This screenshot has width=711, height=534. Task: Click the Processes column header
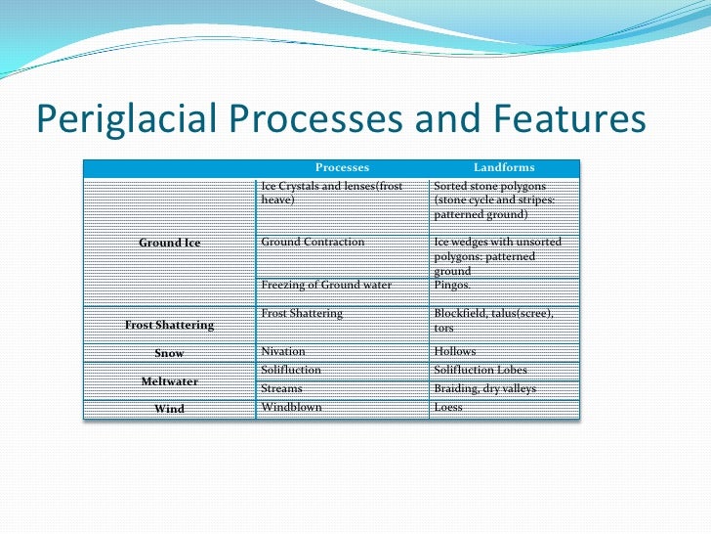(x=342, y=168)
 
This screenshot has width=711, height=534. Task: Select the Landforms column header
(x=504, y=168)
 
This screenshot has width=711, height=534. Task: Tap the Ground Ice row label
(x=170, y=242)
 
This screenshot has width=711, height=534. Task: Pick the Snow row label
(x=169, y=353)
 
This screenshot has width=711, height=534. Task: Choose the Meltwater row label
(x=169, y=380)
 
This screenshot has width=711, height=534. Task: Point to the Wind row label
(x=169, y=409)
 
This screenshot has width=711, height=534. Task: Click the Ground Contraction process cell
(x=314, y=242)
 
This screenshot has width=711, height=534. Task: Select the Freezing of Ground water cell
(x=326, y=285)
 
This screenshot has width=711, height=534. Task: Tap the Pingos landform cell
(x=451, y=285)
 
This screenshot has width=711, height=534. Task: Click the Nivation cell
(x=283, y=350)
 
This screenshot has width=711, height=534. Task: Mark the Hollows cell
(x=455, y=350)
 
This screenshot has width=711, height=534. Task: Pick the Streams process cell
(x=282, y=388)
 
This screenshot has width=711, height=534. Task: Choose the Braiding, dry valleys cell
(x=484, y=388)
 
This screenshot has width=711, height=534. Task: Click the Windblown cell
(x=291, y=407)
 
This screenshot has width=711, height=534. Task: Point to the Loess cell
(x=448, y=407)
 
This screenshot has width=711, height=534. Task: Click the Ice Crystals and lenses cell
(x=332, y=192)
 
